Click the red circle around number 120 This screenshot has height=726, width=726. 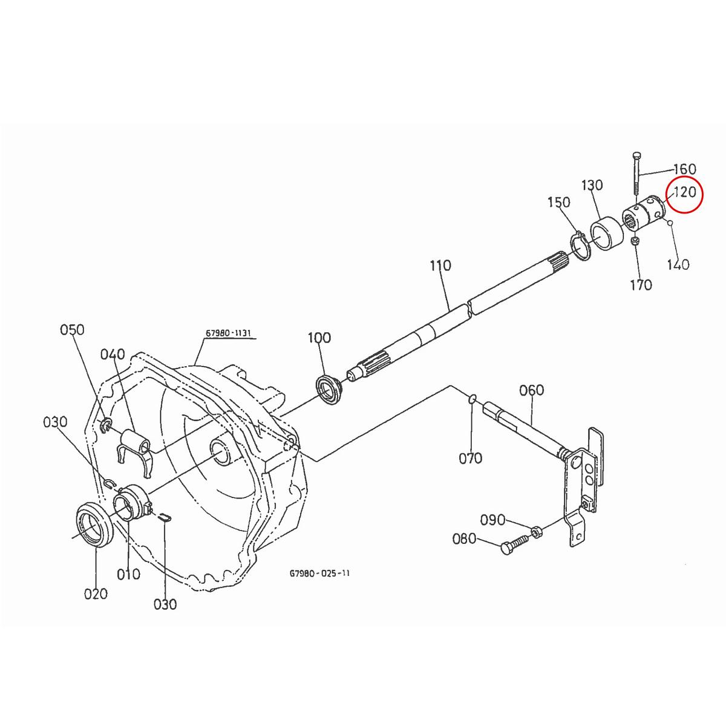685,195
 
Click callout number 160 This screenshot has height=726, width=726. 684,169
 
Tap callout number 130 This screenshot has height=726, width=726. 593,185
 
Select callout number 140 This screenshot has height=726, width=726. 678,264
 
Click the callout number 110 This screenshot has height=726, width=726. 440,265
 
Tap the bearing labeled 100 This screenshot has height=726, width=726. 329,389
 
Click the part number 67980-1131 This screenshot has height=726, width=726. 228,333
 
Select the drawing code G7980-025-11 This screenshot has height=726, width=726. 319,572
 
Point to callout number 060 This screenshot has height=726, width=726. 531,390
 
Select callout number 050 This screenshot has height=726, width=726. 72,330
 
